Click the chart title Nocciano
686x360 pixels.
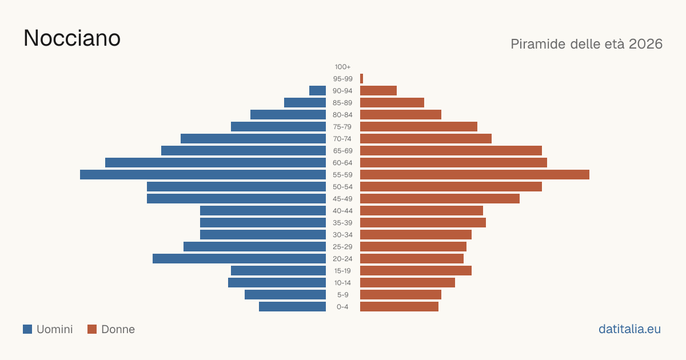tap(72, 38)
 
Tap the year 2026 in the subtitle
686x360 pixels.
tap(645, 44)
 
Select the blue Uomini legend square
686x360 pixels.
tap(27, 329)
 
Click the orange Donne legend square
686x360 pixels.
tap(92, 329)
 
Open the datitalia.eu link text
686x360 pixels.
tap(629, 329)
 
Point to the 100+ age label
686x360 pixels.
tap(342, 67)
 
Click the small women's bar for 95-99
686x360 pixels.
tap(361, 79)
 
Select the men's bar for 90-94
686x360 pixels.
tap(318, 91)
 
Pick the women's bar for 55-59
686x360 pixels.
tap(474, 174)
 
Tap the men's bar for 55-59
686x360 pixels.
tap(203, 174)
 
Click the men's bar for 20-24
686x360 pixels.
tap(239, 259)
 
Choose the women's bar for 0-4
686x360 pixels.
tap(400, 307)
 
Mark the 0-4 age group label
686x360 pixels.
tap(342, 307)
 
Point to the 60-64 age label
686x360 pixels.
tap(342, 162)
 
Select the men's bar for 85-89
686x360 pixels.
tap(305, 102)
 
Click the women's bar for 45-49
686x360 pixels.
tap(440, 199)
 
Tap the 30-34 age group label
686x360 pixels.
tap(342, 235)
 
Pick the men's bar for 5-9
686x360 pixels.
tap(285, 295)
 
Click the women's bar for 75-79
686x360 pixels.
tap(418, 127)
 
